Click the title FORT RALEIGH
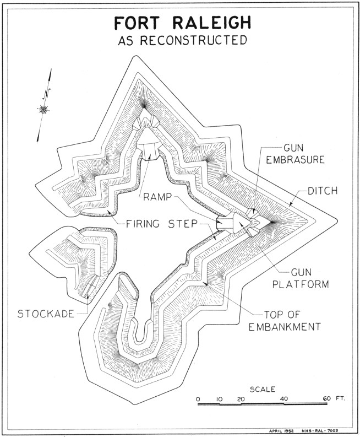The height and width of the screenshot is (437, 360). click(x=179, y=23)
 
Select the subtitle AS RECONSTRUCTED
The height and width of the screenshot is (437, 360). click(x=179, y=41)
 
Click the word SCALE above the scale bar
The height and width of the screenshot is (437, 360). click(x=263, y=389)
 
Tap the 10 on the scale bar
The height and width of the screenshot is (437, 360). click(x=219, y=400)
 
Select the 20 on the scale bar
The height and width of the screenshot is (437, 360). click(x=241, y=400)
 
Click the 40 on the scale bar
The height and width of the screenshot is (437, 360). click(x=283, y=400)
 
